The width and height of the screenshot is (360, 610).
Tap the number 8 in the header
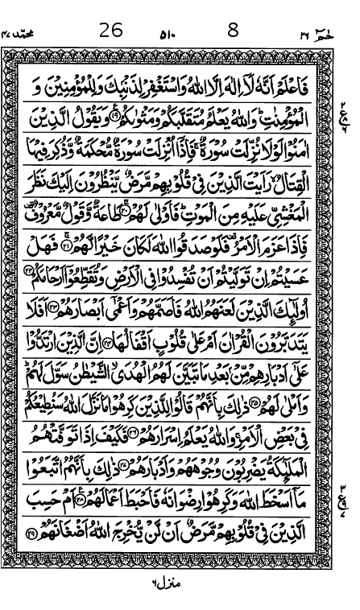[x=233, y=30]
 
